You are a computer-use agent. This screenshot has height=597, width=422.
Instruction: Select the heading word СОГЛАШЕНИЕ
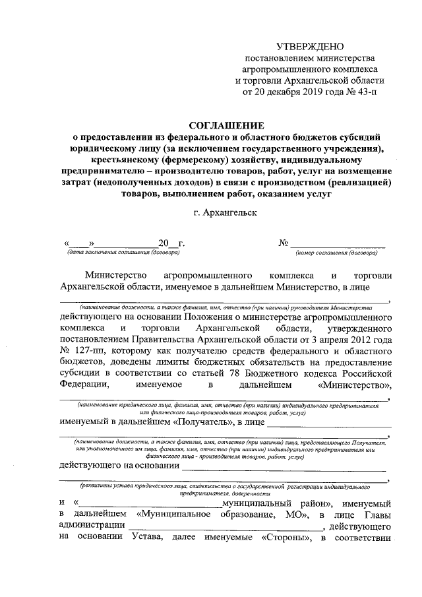click(226, 125)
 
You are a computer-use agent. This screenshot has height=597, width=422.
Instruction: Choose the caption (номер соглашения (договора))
click(336, 253)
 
